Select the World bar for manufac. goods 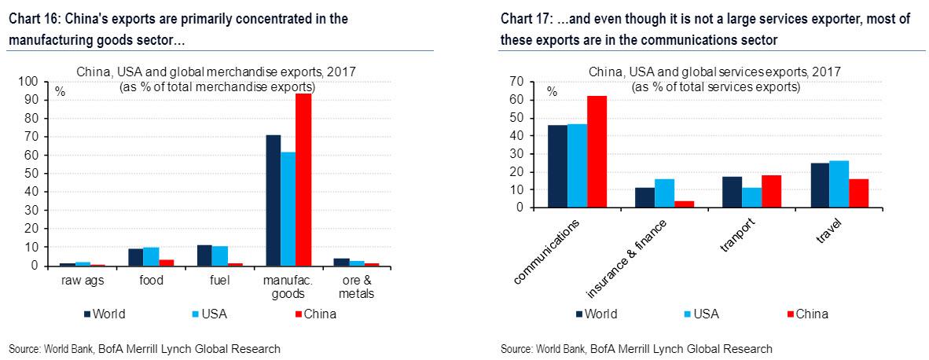[x=273, y=200]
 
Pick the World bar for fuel [x=204, y=255]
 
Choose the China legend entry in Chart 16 [x=315, y=314]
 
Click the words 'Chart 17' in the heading [x=523, y=18]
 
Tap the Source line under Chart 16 [x=145, y=348]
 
